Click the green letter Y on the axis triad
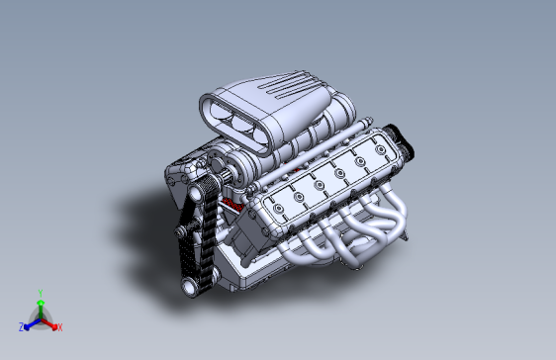click(41, 293)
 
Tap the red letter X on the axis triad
click(60, 326)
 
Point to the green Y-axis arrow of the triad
click(41, 305)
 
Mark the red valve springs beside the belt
click(233, 206)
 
